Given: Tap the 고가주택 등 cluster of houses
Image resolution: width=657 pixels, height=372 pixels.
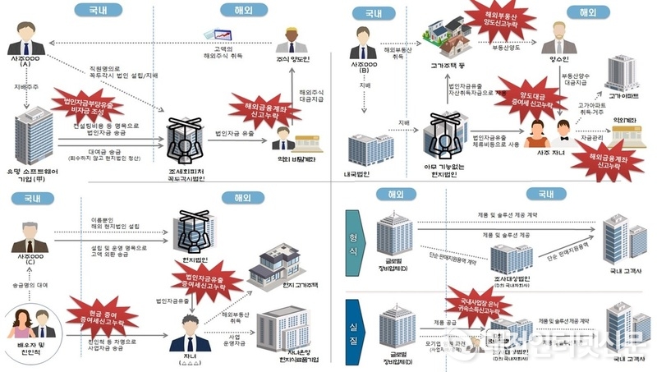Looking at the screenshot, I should [x=448, y=38].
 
